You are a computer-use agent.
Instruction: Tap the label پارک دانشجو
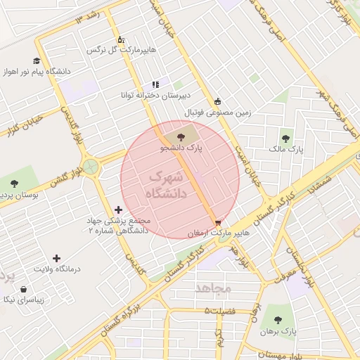point(181,149)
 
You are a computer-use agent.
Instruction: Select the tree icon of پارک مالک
point(285,139)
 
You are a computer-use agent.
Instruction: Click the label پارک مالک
point(285,150)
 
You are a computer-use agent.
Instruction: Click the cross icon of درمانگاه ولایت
point(57,259)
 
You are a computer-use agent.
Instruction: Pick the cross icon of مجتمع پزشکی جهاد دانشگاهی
point(117,210)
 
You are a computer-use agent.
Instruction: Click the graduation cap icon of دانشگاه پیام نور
point(37,61)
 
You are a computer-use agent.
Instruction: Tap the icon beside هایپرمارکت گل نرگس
point(120,40)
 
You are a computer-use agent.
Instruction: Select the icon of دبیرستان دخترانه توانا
point(155,84)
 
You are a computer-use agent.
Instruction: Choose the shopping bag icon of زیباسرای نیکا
point(23,289)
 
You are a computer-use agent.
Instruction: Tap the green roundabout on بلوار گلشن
point(90,167)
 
